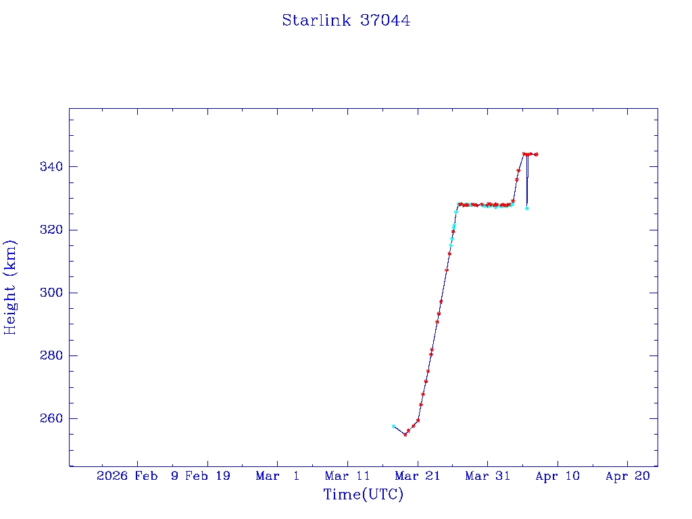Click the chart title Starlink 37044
(346, 20)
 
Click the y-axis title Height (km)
(10, 287)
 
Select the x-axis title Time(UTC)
(363, 495)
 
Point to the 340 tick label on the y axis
(51, 167)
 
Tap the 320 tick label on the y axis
(51, 230)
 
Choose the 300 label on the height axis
(51, 293)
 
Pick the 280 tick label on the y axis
(51, 355)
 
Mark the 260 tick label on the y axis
(51, 418)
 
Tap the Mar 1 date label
(277, 476)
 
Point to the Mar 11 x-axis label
(347, 476)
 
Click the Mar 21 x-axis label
(418, 476)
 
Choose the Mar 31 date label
(487, 476)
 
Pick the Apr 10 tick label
(558, 476)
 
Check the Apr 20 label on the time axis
(627, 476)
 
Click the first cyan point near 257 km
(393, 426)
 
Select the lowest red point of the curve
(405, 435)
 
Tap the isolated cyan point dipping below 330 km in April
(527, 208)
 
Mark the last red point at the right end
(536, 154)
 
